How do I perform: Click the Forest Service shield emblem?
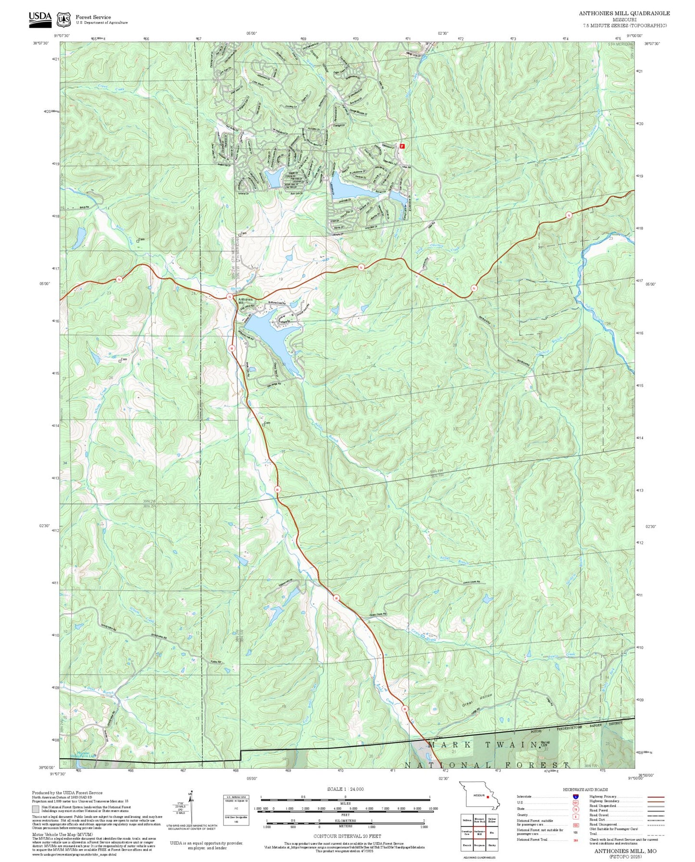63,19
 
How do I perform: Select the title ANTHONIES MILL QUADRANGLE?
624,13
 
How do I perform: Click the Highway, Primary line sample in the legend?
656,797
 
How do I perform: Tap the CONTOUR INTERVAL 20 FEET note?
347,837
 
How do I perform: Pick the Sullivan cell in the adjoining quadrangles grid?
466,820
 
